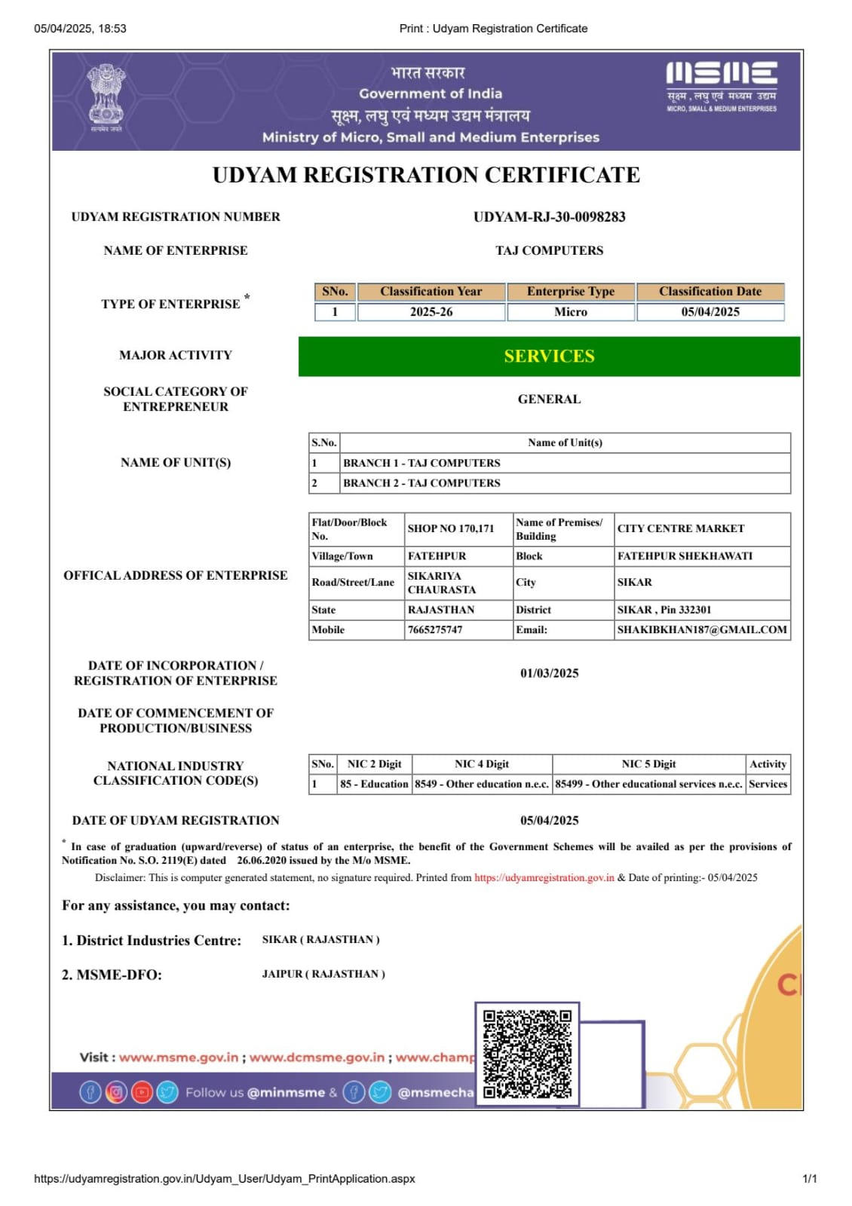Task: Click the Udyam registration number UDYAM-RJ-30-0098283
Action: pyautogui.click(x=549, y=217)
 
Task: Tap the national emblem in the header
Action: pyautogui.click(x=106, y=96)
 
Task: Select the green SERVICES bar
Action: pyautogui.click(x=549, y=357)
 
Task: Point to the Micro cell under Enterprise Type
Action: pyautogui.click(x=571, y=312)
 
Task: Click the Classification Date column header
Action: pyautogui.click(x=710, y=292)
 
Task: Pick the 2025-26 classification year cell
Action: pyautogui.click(x=431, y=312)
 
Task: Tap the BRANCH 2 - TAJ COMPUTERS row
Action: pyautogui.click(x=421, y=483)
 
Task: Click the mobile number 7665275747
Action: pyautogui.click(x=435, y=630)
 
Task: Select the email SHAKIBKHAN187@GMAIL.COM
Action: pyautogui.click(x=702, y=630)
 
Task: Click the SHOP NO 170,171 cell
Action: pyautogui.click(x=451, y=529)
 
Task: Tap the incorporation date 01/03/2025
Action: pyautogui.click(x=549, y=673)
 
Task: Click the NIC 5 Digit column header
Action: pyautogui.click(x=648, y=764)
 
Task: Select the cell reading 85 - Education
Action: pyautogui.click(x=374, y=785)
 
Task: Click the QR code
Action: pyautogui.click(x=527, y=1054)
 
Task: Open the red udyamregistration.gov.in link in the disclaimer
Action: pyautogui.click(x=544, y=878)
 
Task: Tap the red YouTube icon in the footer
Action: pyautogui.click(x=142, y=1092)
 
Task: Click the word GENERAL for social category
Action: pyautogui.click(x=549, y=399)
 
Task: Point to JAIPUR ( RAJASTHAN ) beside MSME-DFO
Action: pyautogui.click(x=323, y=975)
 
